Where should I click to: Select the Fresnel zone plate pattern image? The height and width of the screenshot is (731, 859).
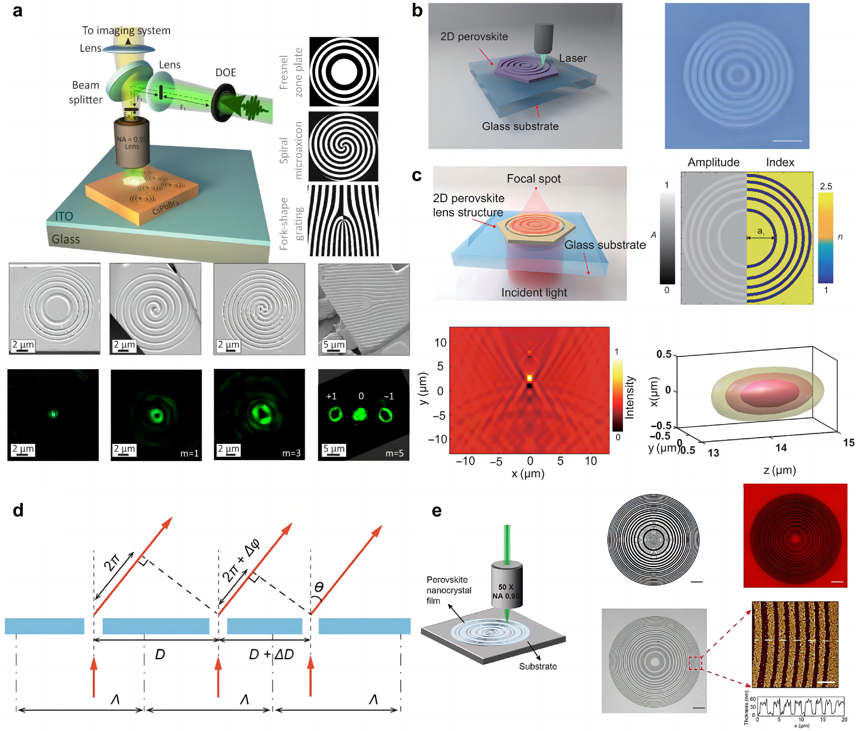pos(344,72)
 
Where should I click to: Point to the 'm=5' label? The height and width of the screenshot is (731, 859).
pos(394,453)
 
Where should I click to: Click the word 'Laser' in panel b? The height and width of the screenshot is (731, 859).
pos(573,58)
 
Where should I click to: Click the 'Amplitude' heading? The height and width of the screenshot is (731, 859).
pos(713,163)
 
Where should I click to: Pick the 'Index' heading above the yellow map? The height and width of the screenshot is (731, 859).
pos(780,163)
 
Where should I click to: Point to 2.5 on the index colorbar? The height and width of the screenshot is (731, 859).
pos(825,186)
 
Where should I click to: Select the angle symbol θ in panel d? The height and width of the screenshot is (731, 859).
pos(319,587)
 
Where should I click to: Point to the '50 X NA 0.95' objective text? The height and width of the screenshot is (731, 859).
pos(506,592)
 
